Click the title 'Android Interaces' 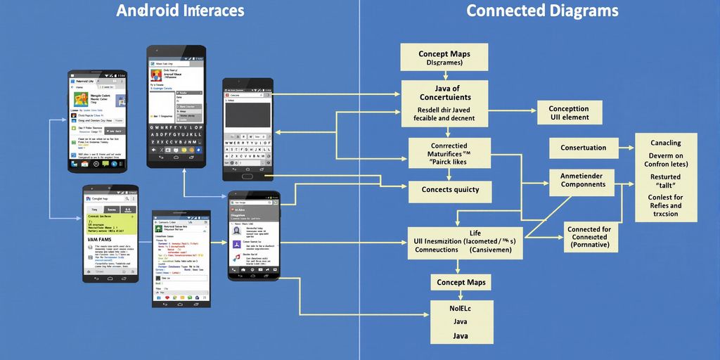[180, 11]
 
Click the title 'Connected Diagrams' [542, 11]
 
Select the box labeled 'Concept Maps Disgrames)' [444, 58]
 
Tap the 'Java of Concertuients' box [444, 103]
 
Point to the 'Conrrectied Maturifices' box [449, 153]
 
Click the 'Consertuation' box [583, 148]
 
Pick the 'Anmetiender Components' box [582, 179]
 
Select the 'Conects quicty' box [450, 190]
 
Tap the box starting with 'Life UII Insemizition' [465, 241]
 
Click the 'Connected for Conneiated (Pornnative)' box [589, 238]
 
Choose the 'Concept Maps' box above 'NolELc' [461, 283]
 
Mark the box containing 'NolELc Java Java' [461, 322]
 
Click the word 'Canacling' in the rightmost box [665, 143]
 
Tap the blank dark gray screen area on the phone [247, 114]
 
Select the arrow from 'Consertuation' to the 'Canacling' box [627, 148]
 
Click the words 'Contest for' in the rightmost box [665, 198]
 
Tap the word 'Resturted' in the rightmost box [665, 177]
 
